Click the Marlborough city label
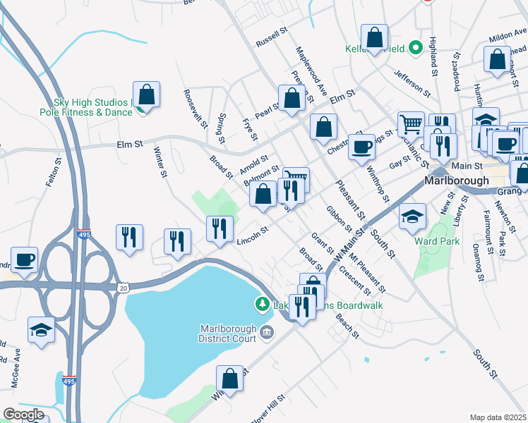click(457, 180)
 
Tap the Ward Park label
click(438, 241)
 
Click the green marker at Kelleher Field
click(416, 48)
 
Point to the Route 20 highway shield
click(124, 288)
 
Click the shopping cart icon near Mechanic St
click(411, 125)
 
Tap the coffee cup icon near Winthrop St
click(361, 147)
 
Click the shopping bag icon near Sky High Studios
click(147, 94)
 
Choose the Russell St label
click(273, 37)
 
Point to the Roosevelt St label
click(195, 107)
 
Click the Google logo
click(23, 415)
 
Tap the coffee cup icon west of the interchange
click(24, 259)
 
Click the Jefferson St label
click(412, 82)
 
